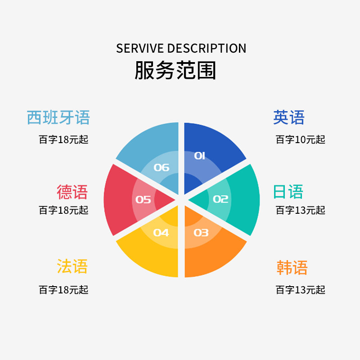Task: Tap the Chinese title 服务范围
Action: tap(175, 71)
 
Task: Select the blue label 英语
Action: tap(289, 118)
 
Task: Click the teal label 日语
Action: tap(288, 192)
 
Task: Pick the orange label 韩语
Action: tap(292, 268)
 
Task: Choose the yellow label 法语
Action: tap(72, 266)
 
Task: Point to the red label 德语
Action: tap(72, 192)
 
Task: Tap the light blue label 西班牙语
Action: tap(58, 118)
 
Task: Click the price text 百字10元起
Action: tap(300, 139)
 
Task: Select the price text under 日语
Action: tap(300, 210)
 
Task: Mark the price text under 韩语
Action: tap(300, 290)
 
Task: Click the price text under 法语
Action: tap(63, 290)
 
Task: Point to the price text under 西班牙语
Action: tap(63, 139)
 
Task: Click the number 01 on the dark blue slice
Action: tap(199, 156)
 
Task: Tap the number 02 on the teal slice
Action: tap(220, 199)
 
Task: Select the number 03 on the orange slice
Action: tap(201, 233)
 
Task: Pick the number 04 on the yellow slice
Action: tap(161, 233)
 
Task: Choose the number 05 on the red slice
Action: tap(143, 199)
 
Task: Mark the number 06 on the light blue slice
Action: tap(162, 168)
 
